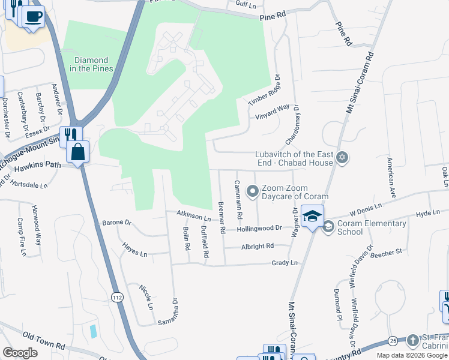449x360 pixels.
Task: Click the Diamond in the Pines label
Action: tap(92, 64)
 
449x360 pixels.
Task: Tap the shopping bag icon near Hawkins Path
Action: tap(78, 152)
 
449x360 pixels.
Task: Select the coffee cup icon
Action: tap(34, 16)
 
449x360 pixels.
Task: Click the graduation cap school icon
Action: tap(312, 217)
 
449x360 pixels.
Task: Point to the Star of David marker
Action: tap(343, 158)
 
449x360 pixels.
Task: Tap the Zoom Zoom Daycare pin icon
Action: tap(253, 192)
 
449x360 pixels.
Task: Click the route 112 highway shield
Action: tap(116, 297)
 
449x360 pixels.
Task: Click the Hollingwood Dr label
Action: tap(259, 229)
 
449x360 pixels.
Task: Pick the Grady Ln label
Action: tap(285, 263)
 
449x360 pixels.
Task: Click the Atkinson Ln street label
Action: tap(193, 215)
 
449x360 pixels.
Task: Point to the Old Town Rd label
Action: tap(43, 340)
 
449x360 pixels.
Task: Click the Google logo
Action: tap(20, 353)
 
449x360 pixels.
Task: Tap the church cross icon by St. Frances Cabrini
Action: tap(412, 340)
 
